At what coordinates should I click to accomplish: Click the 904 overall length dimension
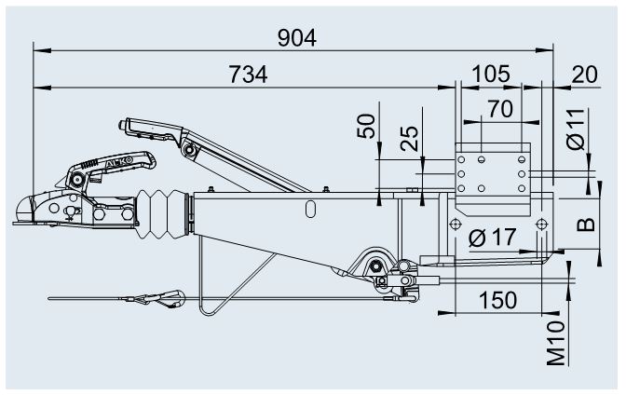tap(297, 38)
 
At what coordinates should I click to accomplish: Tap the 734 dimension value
tap(249, 75)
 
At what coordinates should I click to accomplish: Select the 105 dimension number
tap(491, 75)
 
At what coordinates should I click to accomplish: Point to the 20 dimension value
tap(584, 75)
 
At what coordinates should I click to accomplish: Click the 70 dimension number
tap(500, 109)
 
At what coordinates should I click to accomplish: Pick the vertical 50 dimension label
tap(366, 126)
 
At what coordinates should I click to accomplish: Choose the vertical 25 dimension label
tap(409, 139)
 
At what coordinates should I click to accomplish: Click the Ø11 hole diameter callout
tap(576, 129)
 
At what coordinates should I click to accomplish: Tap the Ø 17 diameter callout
tap(492, 238)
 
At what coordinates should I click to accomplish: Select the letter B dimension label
tap(586, 225)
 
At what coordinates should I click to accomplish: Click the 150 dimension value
tap(497, 300)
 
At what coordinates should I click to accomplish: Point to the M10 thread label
tap(556, 344)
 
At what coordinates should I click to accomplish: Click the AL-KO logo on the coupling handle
tap(119, 162)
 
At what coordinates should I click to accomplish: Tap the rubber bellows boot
tap(162, 214)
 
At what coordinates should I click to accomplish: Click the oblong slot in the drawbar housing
tap(310, 210)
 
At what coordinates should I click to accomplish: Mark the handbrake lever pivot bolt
tap(188, 150)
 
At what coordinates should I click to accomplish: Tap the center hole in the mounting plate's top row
tap(482, 159)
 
